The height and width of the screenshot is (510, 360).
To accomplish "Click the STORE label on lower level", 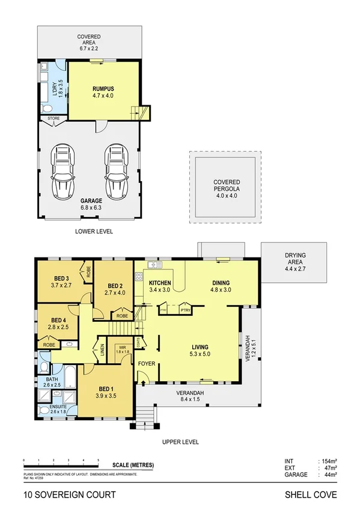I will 53,118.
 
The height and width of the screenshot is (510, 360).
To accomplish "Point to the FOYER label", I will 147,364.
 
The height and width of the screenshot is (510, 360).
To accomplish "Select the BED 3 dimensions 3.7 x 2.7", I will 62,286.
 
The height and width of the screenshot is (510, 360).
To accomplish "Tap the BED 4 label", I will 58,320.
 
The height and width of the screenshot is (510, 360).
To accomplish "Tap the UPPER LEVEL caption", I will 180,441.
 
